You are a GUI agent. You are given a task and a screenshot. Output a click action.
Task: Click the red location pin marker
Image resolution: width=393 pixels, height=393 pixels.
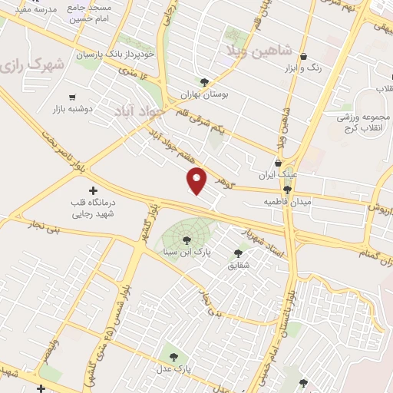tap(197, 180)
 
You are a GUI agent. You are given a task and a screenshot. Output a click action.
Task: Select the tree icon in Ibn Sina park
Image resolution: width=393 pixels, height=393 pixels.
tap(187, 241)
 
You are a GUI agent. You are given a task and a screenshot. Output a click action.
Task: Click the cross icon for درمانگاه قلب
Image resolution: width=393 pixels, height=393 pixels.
tap(94, 190)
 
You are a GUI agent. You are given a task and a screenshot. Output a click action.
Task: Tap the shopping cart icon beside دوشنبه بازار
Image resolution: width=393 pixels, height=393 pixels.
tap(72, 97)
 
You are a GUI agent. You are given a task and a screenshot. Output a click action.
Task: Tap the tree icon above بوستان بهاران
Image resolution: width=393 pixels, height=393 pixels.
tap(204, 82)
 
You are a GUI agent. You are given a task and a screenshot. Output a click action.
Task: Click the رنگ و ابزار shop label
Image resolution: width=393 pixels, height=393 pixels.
tap(303, 68)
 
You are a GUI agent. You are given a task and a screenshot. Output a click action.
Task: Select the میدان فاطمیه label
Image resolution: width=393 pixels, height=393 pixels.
tap(286, 201)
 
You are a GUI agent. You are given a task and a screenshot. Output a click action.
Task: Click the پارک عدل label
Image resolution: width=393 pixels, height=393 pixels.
tap(174, 369)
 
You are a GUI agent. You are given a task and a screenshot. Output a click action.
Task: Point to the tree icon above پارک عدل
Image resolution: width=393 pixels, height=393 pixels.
tap(174, 357)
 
